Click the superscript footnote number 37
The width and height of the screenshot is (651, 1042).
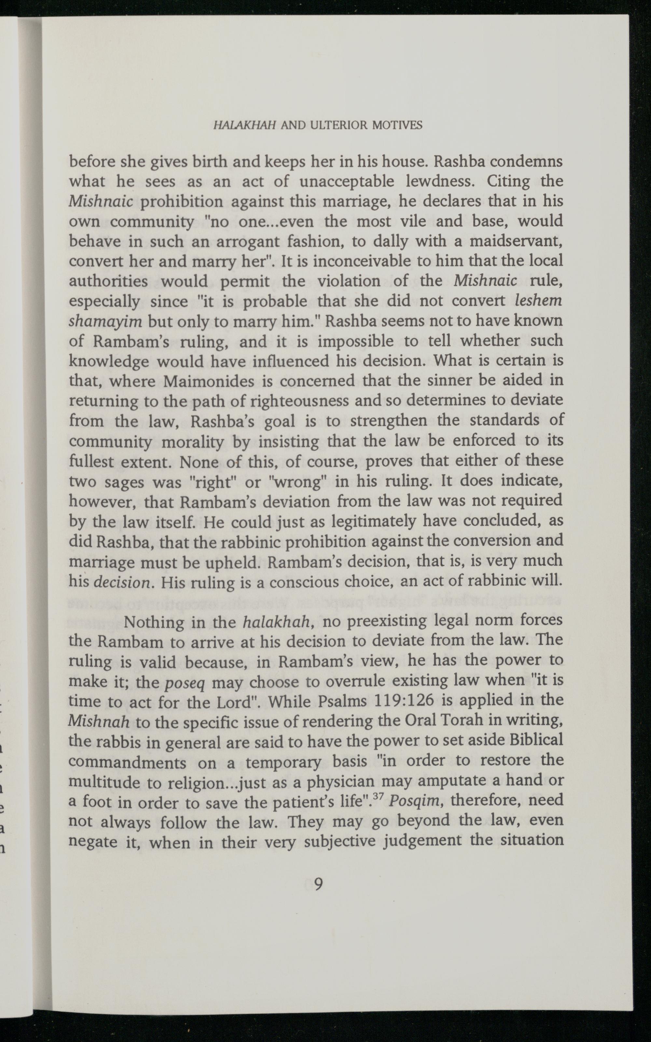378,797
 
